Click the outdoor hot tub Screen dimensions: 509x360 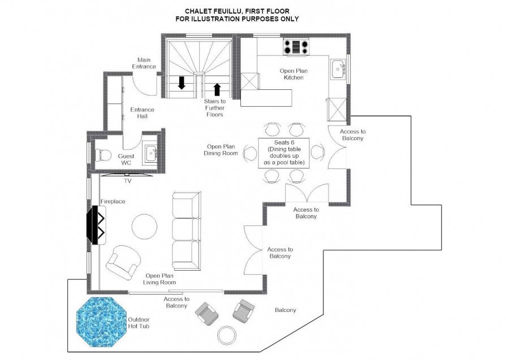(101, 322)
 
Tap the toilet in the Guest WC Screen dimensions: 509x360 (103, 154)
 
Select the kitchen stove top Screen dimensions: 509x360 (296, 47)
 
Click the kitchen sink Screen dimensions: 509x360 (339, 69)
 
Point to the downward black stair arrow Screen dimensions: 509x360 (182, 83)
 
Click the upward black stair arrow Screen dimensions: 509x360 (217, 89)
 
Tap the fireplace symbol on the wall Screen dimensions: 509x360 (96, 225)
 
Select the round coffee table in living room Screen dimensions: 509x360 (144, 227)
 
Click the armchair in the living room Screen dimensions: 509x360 (124, 262)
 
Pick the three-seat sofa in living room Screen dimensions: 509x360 (186, 231)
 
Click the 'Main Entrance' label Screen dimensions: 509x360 (144, 63)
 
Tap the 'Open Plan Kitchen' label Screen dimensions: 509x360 (294, 74)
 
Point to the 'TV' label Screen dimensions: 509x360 (128, 181)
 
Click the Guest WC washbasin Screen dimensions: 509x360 (151, 153)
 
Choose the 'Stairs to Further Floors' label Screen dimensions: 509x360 (214, 108)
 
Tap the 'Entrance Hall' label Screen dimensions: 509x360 (142, 113)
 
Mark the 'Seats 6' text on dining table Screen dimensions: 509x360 (284, 143)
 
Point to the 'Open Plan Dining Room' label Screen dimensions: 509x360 (221, 150)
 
